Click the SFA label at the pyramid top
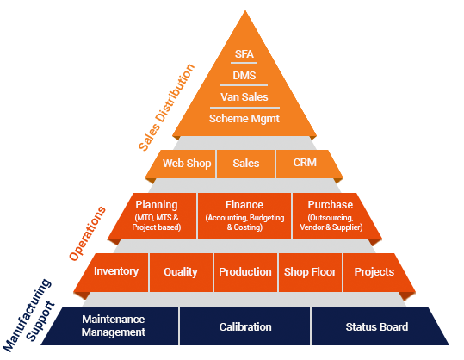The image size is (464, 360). (x=244, y=54)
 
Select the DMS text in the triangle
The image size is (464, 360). (x=244, y=76)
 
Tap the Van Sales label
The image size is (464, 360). (x=244, y=96)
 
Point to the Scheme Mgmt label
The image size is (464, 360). (x=244, y=119)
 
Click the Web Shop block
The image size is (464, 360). (x=184, y=164)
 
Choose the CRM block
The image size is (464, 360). (x=306, y=164)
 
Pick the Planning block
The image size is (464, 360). (x=155, y=215)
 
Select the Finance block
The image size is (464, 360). (x=244, y=215)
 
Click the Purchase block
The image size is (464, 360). (x=333, y=215)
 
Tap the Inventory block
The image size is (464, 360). (x=114, y=272)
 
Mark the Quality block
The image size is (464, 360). (x=181, y=272)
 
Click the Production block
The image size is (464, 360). (x=245, y=272)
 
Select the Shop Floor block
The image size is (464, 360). (x=310, y=272)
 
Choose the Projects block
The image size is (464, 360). (x=376, y=272)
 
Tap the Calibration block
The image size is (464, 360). (x=245, y=326)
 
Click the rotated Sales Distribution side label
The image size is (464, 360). (x=167, y=107)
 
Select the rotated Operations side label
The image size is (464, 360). (x=87, y=233)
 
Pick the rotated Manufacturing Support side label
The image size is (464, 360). (x=29, y=315)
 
